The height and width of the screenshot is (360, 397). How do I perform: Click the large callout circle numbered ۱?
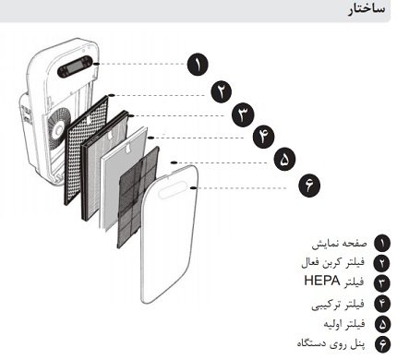[198, 65]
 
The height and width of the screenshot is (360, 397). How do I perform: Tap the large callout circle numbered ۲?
[223, 92]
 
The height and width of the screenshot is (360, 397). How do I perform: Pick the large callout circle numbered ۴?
[266, 136]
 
